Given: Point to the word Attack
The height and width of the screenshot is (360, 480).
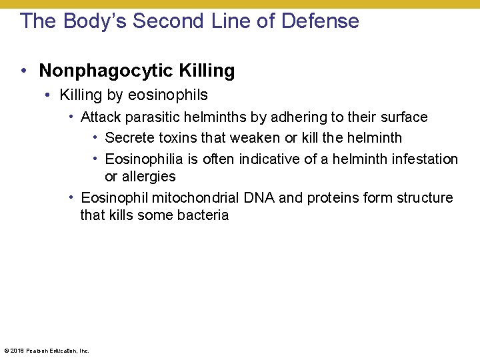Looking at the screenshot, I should [100, 117].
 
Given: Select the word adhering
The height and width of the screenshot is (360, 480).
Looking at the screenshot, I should [296, 117].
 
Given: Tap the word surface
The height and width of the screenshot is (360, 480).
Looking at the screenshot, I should [404, 117].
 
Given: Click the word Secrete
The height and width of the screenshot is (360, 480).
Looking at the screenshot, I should [129, 138].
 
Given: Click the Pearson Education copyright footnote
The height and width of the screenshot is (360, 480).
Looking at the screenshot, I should [47, 350].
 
